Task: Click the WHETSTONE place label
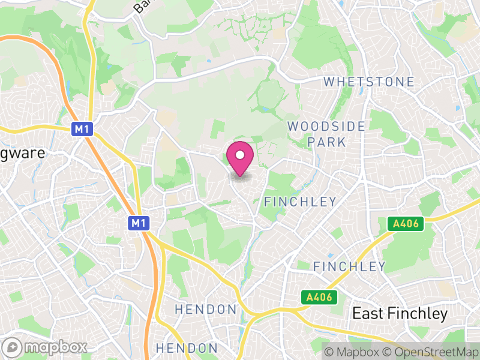click(369, 82)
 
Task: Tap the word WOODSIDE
click(326, 127)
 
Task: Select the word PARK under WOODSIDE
click(326, 142)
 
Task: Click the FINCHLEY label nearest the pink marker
click(300, 202)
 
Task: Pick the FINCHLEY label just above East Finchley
click(349, 266)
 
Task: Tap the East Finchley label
click(400, 313)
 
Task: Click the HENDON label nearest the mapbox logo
click(187, 348)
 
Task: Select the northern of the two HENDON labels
click(205, 310)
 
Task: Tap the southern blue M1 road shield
click(139, 223)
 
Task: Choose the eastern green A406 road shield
click(406, 224)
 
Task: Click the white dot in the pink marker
click(240, 155)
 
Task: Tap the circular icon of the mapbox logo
click(13, 347)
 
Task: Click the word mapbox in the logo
click(55, 347)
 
